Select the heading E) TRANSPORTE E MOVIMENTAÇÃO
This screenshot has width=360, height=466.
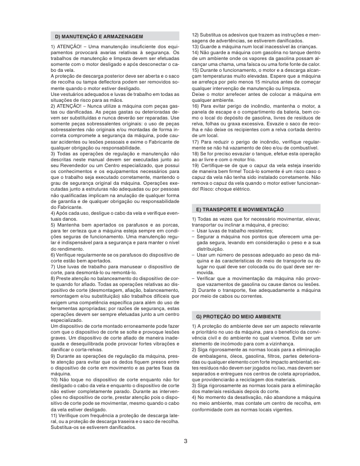point(239,209)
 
